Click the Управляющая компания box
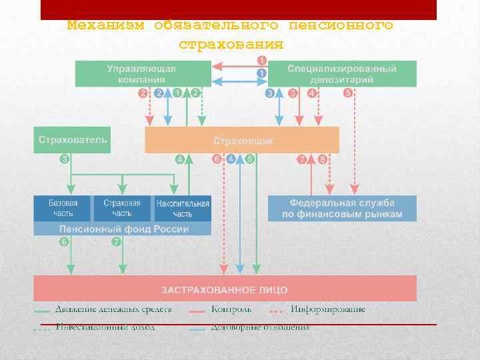[143, 73]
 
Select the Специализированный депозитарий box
[342, 73]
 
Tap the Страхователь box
[72, 140]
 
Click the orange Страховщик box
[242, 141]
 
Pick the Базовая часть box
[63, 208]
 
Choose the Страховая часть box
[122, 208]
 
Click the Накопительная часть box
[182, 208]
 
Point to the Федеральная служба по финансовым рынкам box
[342, 208]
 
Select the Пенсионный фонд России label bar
[122, 229]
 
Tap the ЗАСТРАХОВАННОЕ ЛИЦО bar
[225, 289]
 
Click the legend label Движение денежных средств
[113, 309]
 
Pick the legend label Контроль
[231, 309]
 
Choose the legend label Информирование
[327, 309]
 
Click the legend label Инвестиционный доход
[105, 327]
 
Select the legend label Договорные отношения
[260, 327]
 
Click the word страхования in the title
[231, 45]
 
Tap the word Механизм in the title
[105, 25]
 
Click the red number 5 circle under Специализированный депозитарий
[347, 93]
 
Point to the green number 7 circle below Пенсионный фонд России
[116, 241]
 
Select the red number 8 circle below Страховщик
[323, 159]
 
